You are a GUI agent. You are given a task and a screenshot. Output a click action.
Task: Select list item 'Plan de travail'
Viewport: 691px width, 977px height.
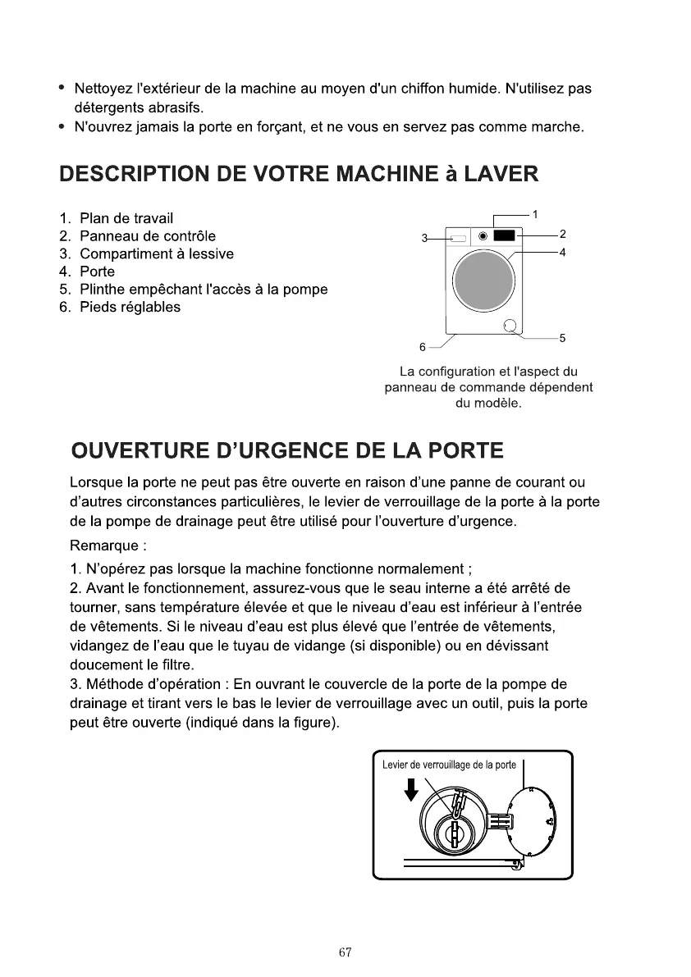[x=126, y=218]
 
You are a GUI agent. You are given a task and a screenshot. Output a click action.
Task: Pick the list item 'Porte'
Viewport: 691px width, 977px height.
[x=97, y=272]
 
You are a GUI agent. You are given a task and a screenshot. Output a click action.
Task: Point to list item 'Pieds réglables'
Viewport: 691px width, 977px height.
[x=130, y=308]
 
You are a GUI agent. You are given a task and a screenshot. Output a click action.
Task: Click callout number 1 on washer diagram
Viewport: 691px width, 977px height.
[x=535, y=215]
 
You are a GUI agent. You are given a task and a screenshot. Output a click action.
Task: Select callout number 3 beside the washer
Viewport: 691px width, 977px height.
[x=424, y=239]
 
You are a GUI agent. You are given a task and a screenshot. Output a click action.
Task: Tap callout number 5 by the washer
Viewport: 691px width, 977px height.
[x=563, y=338]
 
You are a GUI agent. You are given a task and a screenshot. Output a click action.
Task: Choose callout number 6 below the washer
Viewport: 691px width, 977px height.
[x=423, y=346]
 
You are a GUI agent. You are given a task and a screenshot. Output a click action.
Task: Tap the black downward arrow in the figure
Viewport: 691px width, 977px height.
[x=412, y=790]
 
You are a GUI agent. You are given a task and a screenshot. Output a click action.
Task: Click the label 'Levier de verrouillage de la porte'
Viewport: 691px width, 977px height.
[x=449, y=765]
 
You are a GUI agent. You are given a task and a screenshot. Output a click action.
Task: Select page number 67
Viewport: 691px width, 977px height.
[x=345, y=952]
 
